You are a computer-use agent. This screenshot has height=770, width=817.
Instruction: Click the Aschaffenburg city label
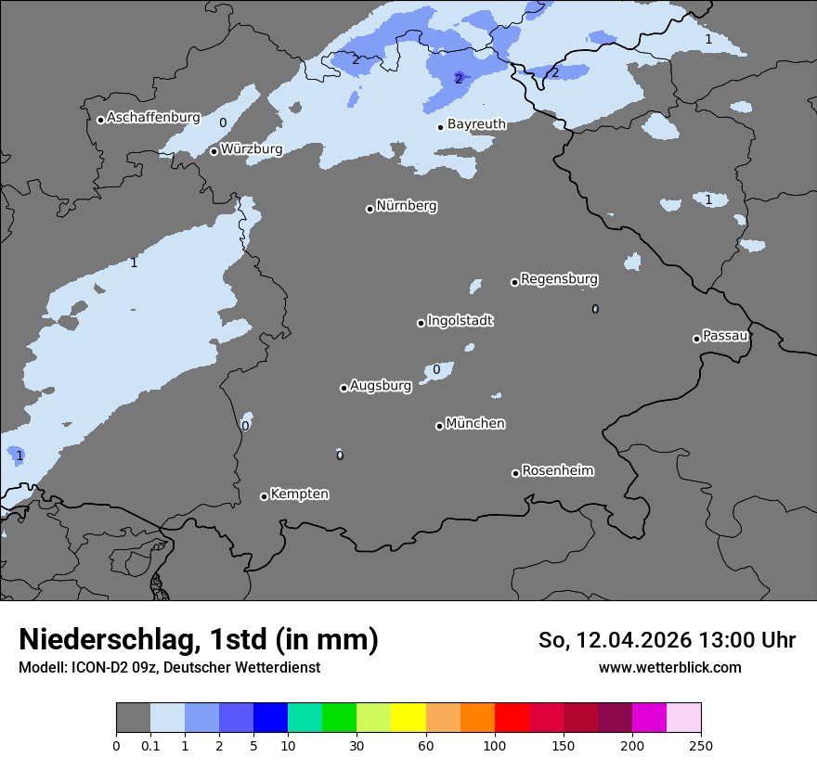click(x=153, y=118)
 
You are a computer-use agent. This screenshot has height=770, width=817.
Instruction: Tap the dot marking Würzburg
click(x=214, y=151)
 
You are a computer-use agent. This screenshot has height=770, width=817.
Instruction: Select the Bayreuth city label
click(x=476, y=124)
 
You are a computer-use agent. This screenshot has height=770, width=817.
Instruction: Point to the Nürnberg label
click(x=406, y=206)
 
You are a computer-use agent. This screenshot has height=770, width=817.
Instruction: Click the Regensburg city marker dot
click(x=514, y=282)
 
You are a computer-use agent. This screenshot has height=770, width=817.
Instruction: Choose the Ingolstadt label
click(x=460, y=321)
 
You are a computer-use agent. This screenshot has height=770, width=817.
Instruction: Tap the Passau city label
click(x=725, y=336)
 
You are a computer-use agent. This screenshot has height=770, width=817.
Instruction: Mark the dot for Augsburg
click(x=344, y=388)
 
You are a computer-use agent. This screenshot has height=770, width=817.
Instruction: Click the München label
click(x=475, y=424)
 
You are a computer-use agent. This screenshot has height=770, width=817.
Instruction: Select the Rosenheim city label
click(x=557, y=471)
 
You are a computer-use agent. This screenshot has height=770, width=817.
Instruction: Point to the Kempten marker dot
click(x=264, y=496)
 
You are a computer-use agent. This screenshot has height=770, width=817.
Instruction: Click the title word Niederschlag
click(x=107, y=640)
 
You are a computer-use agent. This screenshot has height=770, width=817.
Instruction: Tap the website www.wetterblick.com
click(x=670, y=667)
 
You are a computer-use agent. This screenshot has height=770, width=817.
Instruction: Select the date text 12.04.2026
click(x=631, y=640)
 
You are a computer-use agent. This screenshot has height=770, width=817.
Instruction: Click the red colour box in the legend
click(x=512, y=718)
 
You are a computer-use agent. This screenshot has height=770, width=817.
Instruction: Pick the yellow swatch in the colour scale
click(x=408, y=718)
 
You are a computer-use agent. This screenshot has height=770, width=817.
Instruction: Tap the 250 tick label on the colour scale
click(x=701, y=745)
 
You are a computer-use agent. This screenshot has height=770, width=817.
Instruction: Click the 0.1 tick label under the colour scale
click(x=150, y=745)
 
